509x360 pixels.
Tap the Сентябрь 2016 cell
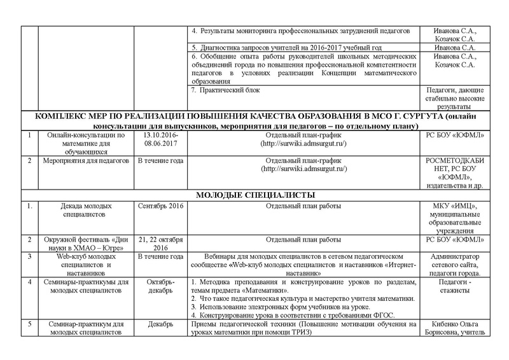pyautogui.click(x=161, y=207)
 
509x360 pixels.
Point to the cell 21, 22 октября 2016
pyautogui.click(x=161, y=244)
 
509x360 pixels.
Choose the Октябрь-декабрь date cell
pyautogui.click(x=161, y=286)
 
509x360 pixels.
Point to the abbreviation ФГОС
pyautogui.click(x=383, y=315)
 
